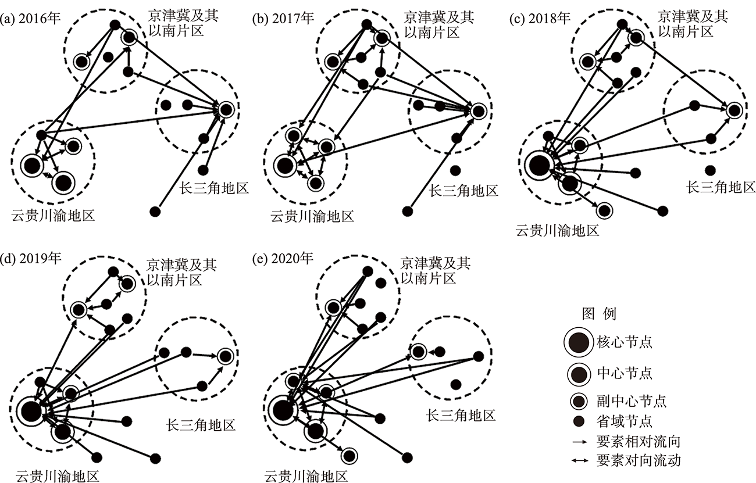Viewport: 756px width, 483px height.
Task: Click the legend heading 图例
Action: [x=599, y=314]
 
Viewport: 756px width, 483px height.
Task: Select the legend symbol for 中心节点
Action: [x=578, y=373]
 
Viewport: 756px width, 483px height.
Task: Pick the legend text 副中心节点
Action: [x=631, y=402]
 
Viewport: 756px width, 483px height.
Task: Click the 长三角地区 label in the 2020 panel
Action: [x=461, y=416]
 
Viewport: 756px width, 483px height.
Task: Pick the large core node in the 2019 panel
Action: [x=29, y=411]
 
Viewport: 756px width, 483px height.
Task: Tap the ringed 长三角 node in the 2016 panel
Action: [x=226, y=109]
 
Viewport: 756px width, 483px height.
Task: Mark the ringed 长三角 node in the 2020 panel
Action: [x=418, y=351]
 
